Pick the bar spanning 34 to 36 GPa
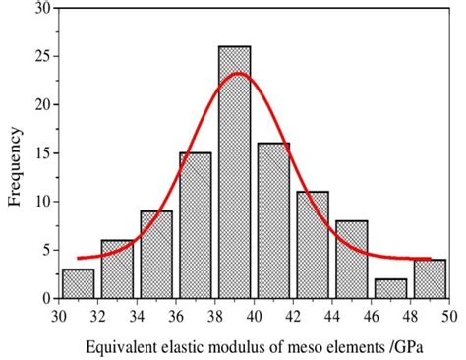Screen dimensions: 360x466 pos(156,255)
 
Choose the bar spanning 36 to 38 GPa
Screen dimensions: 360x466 pos(195,225)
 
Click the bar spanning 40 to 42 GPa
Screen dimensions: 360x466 pos(273,220)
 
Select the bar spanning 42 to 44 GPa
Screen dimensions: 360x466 pos(312,245)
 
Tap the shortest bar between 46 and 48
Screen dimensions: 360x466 pos(390,288)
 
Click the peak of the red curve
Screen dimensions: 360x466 pos(236,73)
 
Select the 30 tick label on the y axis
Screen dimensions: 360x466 pos(39,8)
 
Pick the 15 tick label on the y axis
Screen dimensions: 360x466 pos(39,152)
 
